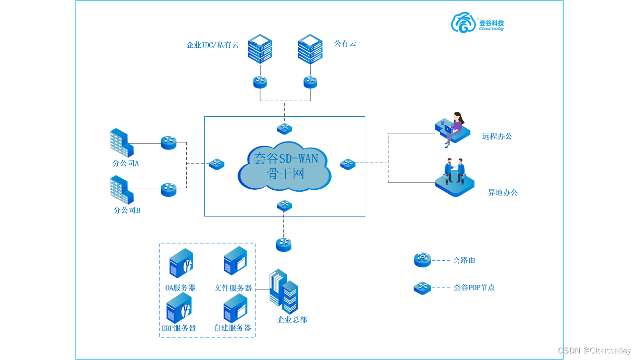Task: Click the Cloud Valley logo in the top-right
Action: (x=477, y=23)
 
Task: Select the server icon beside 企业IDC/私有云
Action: (x=260, y=48)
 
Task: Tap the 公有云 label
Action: (x=345, y=44)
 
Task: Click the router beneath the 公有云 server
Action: (x=310, y=82)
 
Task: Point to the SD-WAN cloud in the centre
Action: (x=285, y=167)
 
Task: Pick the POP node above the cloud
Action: (x=284, y=129)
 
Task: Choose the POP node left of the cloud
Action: (x=217, y=164)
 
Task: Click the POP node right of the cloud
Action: (x=348, y=164)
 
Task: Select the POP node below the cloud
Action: (x=284, y=205)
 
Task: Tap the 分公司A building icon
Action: (x=121, y=142)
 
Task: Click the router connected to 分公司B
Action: (x=169, y=189)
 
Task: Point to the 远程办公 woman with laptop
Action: (x=454, y=128)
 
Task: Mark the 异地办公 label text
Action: (x=503, y=192)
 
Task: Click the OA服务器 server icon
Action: (x=181, y=263)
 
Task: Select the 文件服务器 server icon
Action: (x=235, y=261)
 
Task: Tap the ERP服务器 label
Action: (x=179, y=328)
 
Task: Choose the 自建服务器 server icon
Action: (x=235, y=308)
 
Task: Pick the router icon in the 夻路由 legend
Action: (x=422, y=260)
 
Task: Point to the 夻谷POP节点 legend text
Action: (x=474, y=287)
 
